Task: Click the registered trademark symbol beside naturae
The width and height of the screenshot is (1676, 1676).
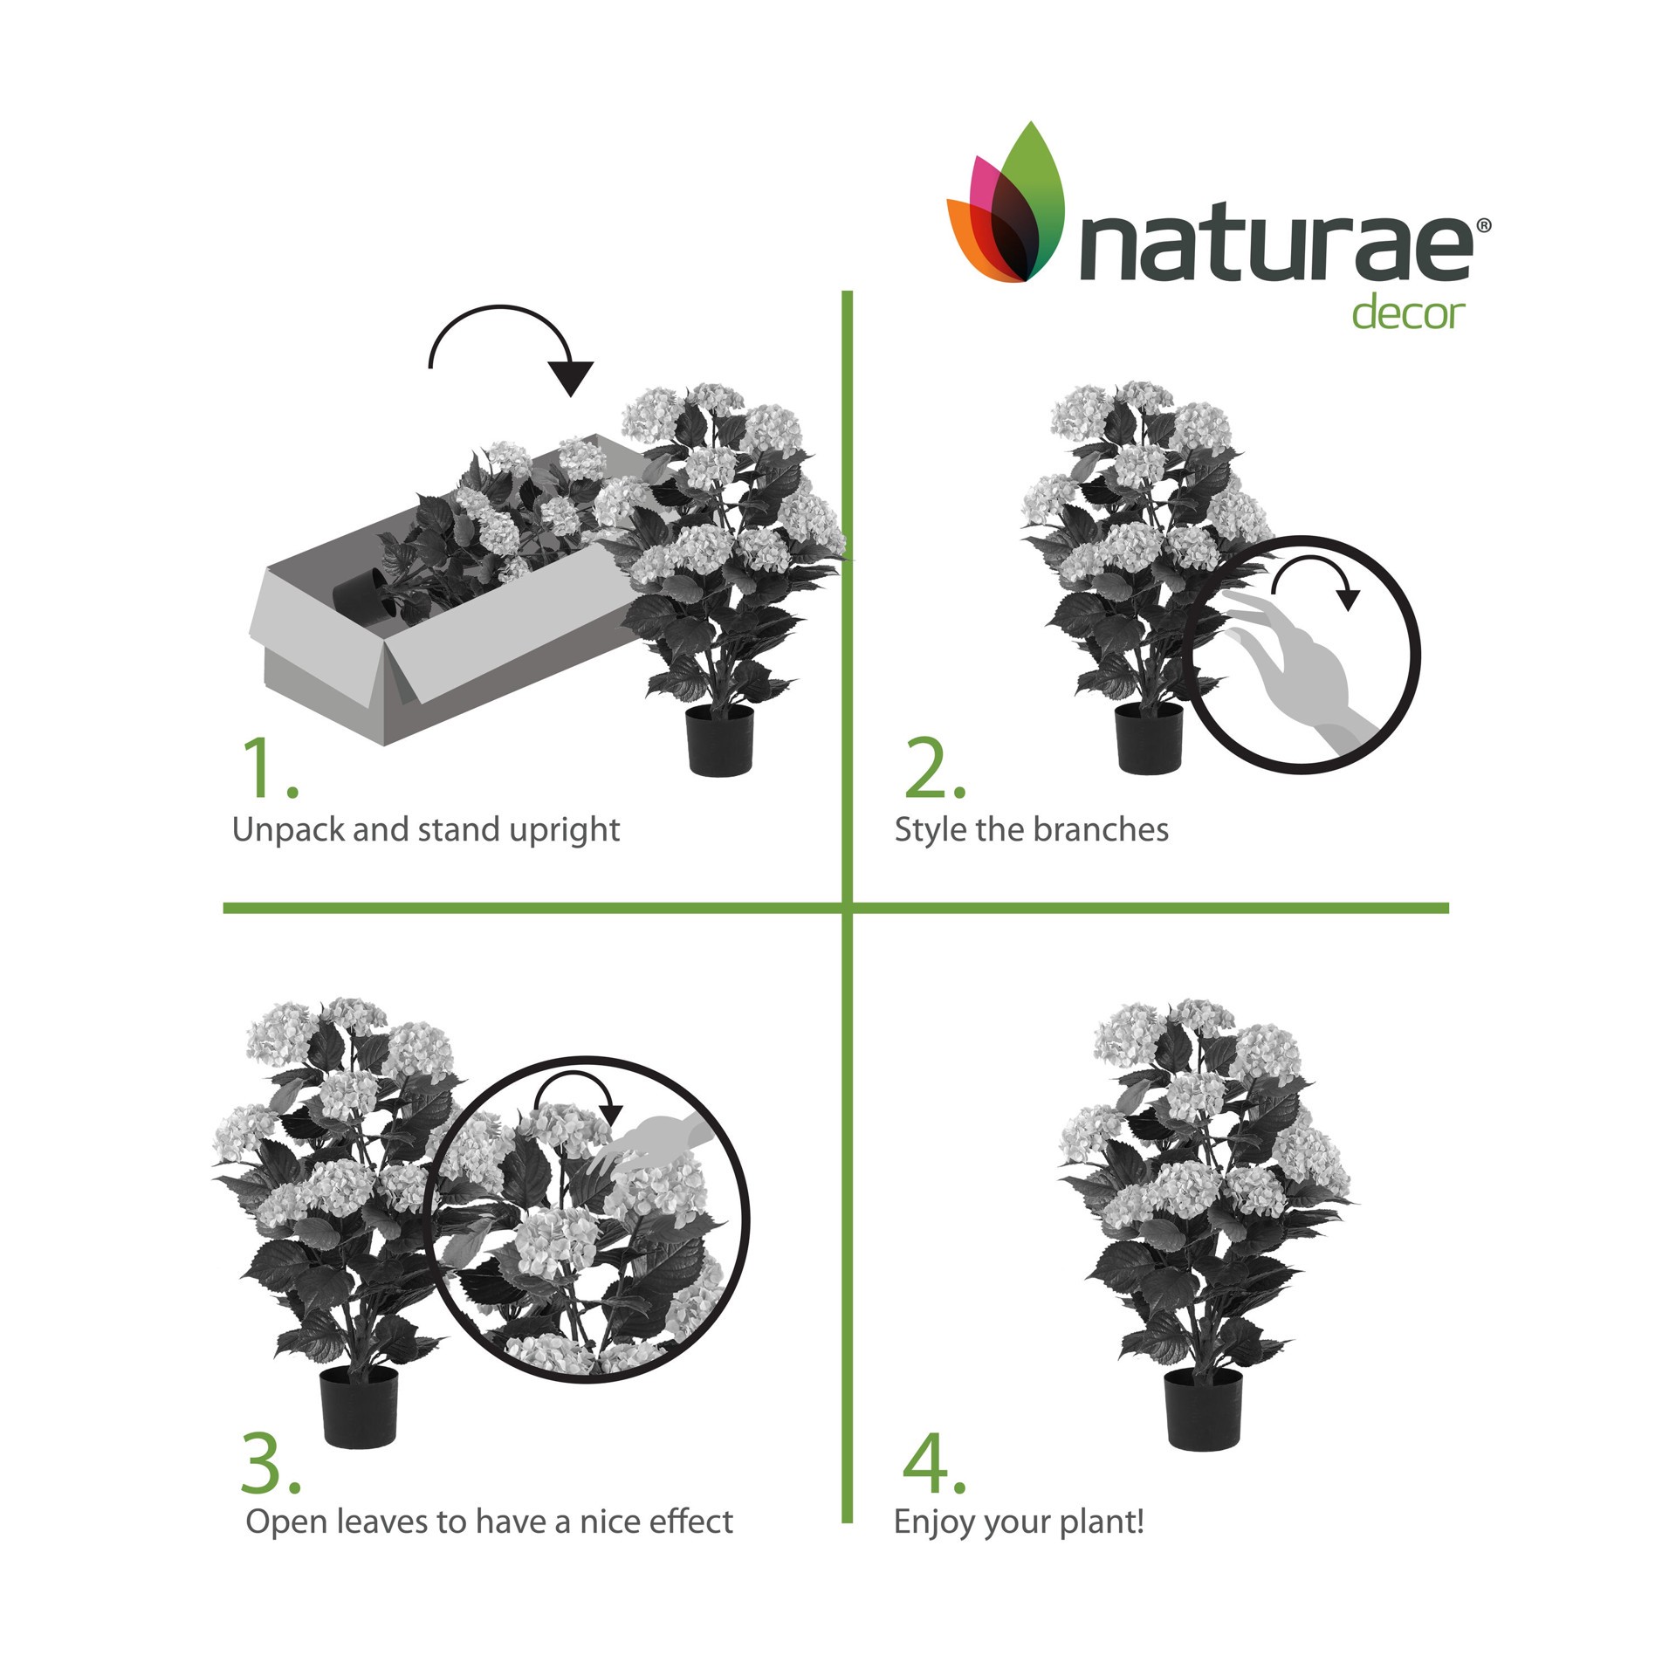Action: [1483, 226]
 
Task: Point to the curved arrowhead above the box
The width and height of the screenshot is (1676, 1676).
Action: [572, 377]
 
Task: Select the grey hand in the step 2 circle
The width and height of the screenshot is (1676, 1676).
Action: [1301, 672]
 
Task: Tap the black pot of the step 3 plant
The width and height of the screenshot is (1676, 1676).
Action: [359, 1405]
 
